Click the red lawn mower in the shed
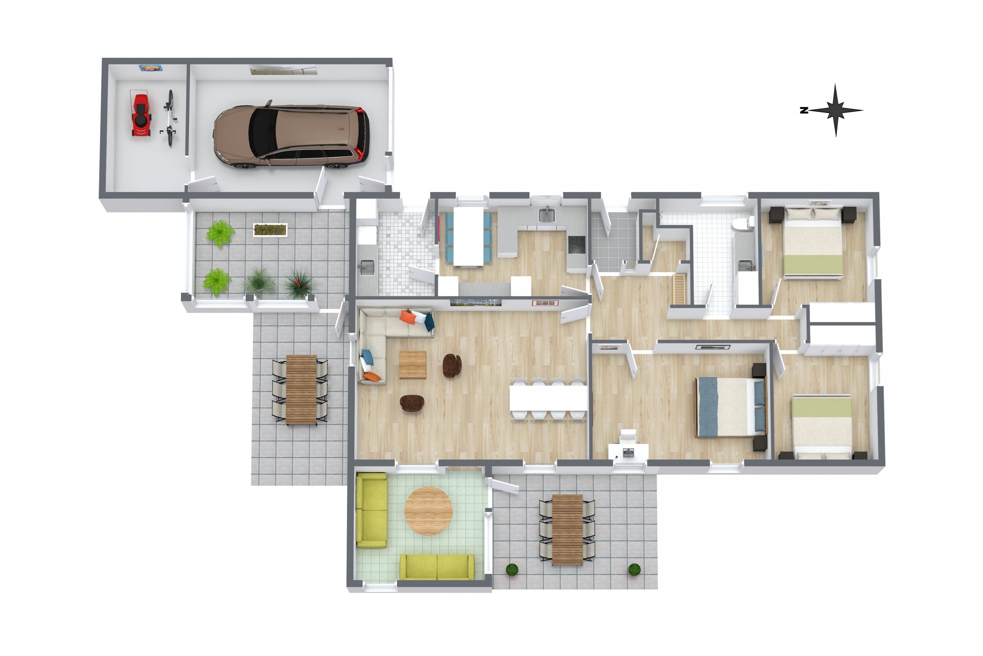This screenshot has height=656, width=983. [141, 113]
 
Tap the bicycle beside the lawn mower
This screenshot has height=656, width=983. [169, 118]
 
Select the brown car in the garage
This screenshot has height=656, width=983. [291, 136]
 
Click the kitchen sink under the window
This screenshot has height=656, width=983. [546, 215]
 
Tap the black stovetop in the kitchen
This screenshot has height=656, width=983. [576, 245]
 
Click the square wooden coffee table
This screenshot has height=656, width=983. [412, 364]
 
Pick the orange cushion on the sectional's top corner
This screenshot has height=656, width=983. [407, 317]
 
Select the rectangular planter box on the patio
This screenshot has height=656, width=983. [270, 230]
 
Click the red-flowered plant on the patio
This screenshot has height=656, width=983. [300, 284]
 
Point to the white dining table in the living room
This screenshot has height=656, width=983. [548, 398]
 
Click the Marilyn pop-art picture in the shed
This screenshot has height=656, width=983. [151, 68]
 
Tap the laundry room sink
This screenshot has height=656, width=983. [366, 267]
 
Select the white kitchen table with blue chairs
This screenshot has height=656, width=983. [469, 236]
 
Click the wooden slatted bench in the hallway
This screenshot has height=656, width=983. [679, 289]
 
